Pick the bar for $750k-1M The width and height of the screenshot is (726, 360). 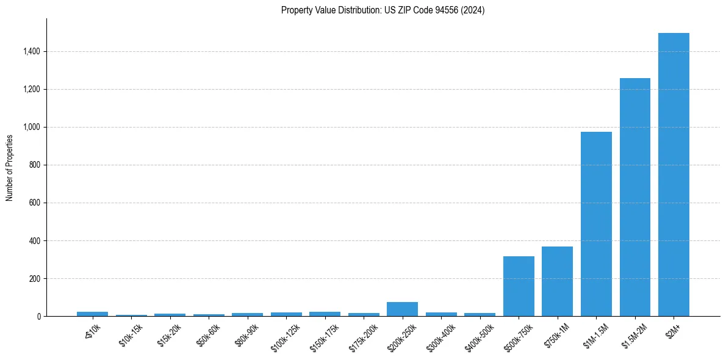[x=557, y=281]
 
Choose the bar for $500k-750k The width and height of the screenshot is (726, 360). [x=519, y=286]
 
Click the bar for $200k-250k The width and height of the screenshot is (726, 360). [x=402, y=309]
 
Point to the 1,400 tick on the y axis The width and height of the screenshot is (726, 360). [x=31, y=52]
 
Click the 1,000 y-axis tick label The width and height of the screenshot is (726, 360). [x=31, y=128]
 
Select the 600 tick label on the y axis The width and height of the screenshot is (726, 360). [x=34, y=203]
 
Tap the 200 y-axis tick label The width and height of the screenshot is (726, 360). [x=34, y=279]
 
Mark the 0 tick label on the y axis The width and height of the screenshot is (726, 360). [x=38, y=317]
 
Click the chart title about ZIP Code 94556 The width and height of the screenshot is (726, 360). [x=383, y=10]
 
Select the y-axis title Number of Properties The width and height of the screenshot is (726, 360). [x=10, y=167]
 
